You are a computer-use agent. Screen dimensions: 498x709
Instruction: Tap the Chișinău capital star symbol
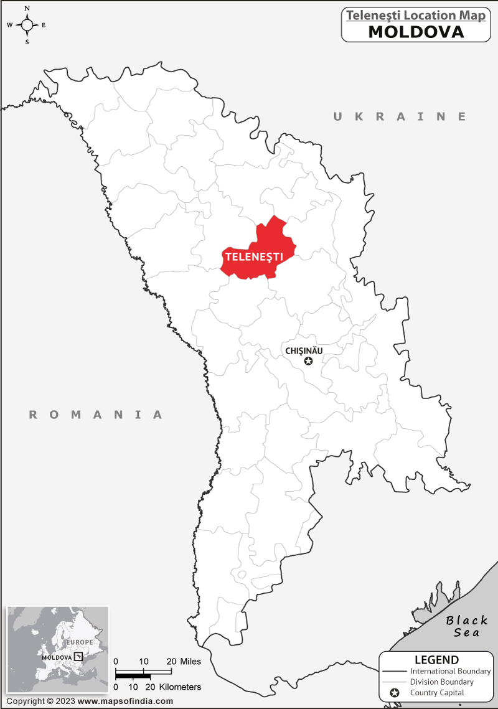click(308, 361)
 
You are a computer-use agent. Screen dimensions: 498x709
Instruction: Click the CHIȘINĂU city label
click(304, 350)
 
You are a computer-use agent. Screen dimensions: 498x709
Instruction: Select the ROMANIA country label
click(96, 415)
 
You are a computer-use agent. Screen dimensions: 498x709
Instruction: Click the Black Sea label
click(467, 626)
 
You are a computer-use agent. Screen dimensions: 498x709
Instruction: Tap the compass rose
click(27, 25)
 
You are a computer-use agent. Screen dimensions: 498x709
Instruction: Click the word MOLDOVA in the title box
click(416, 32)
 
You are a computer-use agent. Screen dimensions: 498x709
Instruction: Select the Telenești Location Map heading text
click(416, 16)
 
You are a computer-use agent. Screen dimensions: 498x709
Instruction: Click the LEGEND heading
click(436, 660)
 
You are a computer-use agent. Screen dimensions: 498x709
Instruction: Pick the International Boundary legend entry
click(450, 672)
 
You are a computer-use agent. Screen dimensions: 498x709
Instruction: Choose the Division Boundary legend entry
click(441, 682)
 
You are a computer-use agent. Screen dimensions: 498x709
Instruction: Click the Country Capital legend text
click(437, 693)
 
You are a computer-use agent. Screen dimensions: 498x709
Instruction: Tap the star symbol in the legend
click(394, 693)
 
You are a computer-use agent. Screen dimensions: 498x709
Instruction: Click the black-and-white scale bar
click(144, 674)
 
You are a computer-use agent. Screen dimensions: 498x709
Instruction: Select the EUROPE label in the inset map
click(80, 642)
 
